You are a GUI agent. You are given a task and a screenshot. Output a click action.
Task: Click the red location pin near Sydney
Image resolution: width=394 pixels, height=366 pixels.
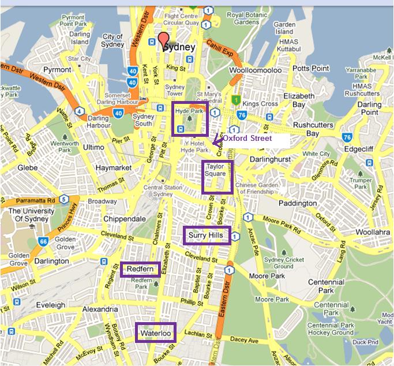click(x=164, y=40)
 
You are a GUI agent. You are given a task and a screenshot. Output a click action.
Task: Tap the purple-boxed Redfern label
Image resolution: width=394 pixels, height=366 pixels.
click(x=140, y=269)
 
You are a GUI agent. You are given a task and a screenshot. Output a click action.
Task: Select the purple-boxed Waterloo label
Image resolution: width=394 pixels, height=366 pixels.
click(x=155, y=333)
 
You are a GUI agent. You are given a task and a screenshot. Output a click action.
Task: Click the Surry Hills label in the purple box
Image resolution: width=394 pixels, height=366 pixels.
click(x=205, y=235)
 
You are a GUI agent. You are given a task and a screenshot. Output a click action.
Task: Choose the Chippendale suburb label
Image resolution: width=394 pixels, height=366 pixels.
click(x=124, y=219)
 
